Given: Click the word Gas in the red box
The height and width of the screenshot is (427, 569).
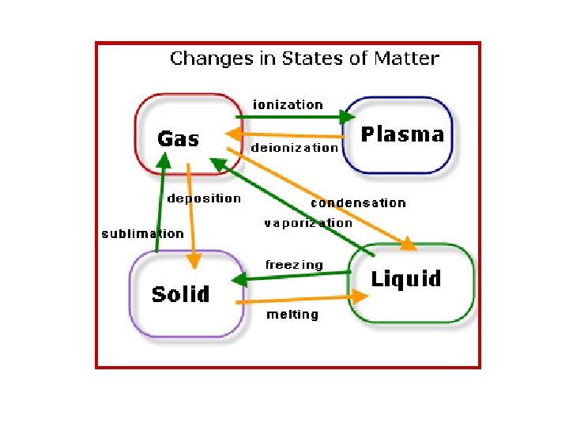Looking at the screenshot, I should pos(178,139).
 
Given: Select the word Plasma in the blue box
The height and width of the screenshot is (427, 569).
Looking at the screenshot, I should pos(402,134).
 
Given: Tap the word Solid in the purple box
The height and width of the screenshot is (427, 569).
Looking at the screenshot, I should pos(180,295).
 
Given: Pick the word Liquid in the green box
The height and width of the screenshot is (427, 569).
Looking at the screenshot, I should pos(406,278).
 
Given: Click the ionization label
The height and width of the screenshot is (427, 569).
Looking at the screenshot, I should pos(288,104).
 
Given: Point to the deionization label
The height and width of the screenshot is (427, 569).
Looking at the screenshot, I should pos(294,147).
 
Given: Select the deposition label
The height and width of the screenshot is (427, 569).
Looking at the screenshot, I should pos(204,198).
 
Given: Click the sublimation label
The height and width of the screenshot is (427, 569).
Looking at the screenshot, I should pos(142,233).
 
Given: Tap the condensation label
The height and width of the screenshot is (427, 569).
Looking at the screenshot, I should pos(358,202).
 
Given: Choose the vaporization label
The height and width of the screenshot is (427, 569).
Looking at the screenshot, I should pos(308,223).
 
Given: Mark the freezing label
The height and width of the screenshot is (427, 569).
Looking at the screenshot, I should pos(294,265).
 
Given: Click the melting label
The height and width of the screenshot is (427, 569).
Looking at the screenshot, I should pos(292,315).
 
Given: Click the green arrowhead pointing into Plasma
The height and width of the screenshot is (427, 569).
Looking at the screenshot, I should pos(348,117).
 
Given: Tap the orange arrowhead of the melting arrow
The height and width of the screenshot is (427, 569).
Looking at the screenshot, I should pos(360,297).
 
